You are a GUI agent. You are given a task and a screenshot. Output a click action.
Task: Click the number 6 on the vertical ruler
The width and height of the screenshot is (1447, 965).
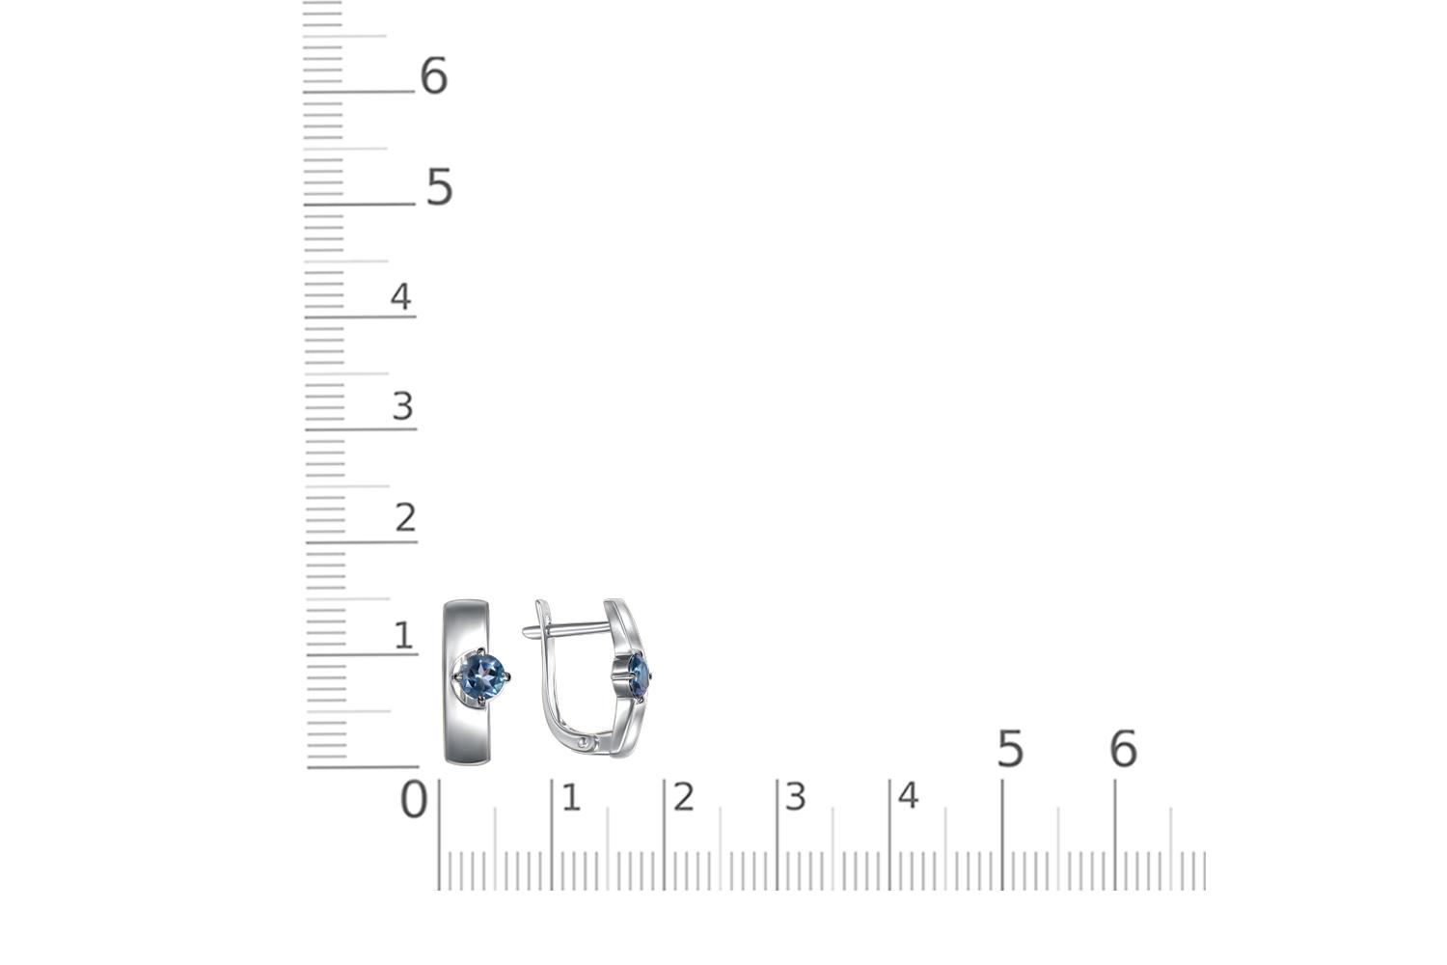tap(433, 75)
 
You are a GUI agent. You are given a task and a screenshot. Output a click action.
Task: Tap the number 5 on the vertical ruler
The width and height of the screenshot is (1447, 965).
tap(439, 187)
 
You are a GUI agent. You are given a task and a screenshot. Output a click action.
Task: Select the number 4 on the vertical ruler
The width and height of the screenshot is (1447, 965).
tap(400, 296)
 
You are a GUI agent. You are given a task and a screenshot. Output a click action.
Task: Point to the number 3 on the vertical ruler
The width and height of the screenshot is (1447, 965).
tap(402, 406)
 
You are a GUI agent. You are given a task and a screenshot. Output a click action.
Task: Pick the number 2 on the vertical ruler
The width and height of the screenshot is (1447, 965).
tap(405, 518)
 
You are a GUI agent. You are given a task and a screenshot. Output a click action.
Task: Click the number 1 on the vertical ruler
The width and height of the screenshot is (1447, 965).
tap(403, 635)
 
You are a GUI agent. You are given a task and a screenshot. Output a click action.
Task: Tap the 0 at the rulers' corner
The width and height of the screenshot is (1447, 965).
tap(414, 800)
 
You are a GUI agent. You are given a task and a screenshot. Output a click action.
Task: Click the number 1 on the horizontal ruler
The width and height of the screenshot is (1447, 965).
tap(571, 798)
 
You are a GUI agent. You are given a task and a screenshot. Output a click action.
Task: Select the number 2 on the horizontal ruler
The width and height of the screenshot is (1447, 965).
tap(683, 797)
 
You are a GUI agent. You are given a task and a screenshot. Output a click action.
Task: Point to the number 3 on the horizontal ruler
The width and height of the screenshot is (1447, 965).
tap(795, 797)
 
